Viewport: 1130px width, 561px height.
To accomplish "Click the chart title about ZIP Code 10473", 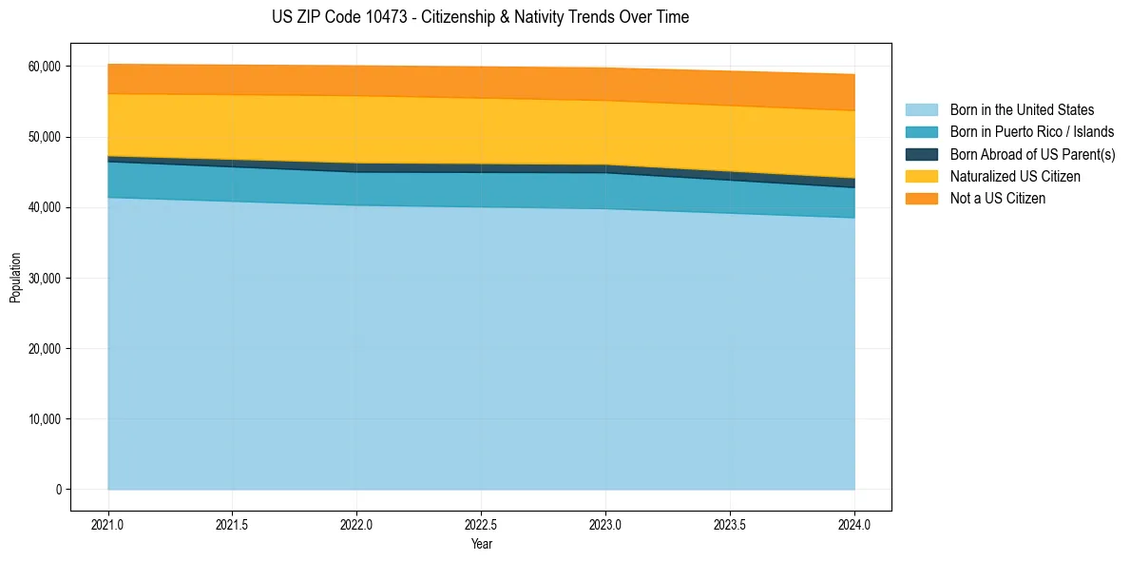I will pyautogui.click(x=480, y=17).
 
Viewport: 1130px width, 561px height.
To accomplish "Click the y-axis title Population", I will pyautogui.click(x=15, y=278).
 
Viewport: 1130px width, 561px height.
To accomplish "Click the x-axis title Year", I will pyautogui.click(x=481, y=544).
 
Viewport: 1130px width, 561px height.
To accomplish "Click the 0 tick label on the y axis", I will pyautogui.click(x=57, y=490).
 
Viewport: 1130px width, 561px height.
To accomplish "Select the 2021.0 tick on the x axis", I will pyautogui.click(x=107, y=524).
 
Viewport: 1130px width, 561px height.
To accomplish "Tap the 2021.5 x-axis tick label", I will pyautogui.click(x=232, y=524).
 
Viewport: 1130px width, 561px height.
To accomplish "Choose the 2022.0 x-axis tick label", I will pyautogui.click(x=356, y=524).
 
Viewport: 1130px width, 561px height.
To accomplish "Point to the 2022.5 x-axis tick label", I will pyautogui.click(x=481, y=524).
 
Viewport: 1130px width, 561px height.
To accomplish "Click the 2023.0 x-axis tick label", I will pyautogui.click(x=605, y=524).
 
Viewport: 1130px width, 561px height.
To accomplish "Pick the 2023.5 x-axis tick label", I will pyautogui.click(x=730, y=524).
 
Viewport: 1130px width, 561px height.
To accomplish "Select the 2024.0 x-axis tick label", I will pyautogui.click(x=854, y=524).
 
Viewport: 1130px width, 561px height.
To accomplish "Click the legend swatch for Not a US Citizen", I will pyautogui.click(x=921, y=199).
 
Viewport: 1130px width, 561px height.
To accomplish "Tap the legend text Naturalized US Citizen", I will pyautogui.click(x=1015, y=177).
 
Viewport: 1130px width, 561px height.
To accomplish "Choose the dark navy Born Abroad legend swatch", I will pyautogui.click(x=921, y=154).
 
